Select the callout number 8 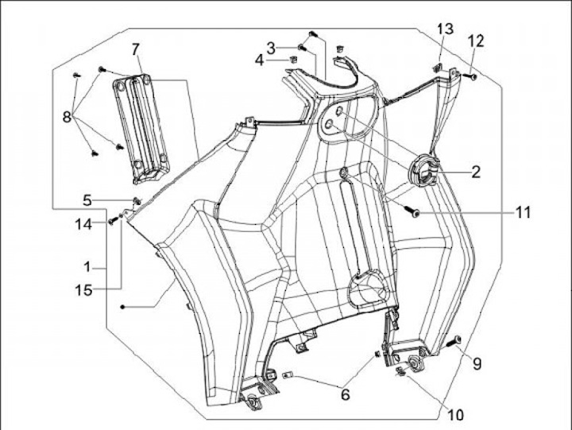pyautogui.click(x=68, y=118)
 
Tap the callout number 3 pyautogui.click(x=271, y=47)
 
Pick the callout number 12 pyautogui.click(x=476, y=41)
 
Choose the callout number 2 pyautogui.click(x=476, y=171)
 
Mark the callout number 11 pyautogui.click(x=522, y=212)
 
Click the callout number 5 pyautogui.click(x=88, y=199)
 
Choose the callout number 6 pyautogui.click(x=345, y=393)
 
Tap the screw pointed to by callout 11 pyautogui.click(x=415, y=212)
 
